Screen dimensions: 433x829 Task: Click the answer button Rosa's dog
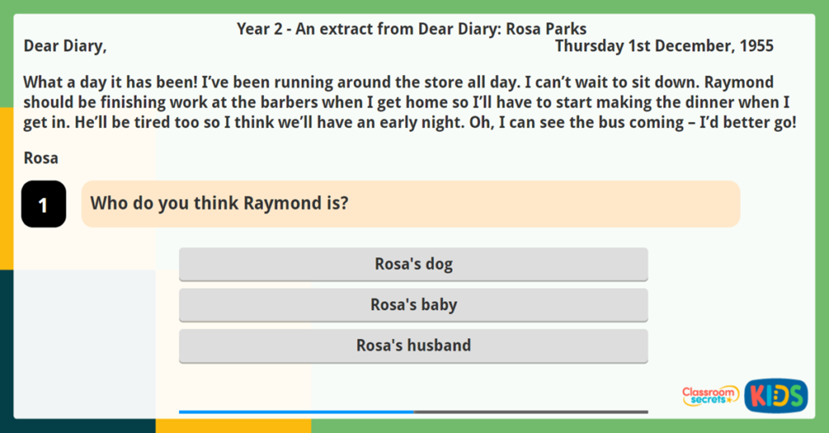tap(413, 264)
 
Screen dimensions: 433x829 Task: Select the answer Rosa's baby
tap(413, 304)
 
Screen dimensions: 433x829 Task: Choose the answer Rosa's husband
tap(413, 345)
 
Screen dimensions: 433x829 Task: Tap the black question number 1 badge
tap(43, 204)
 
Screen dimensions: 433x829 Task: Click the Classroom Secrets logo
tap(710, 395)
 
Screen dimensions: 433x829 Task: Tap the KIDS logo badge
tap(776, 396)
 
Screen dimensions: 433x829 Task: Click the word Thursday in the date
tap(589, 46)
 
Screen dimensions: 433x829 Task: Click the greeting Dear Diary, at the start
tap(65, 46)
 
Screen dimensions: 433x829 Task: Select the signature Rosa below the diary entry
tap(40, 158)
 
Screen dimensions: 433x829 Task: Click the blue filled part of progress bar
tap(295, 412)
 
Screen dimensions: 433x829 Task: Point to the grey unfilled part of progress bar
tap(530, 412)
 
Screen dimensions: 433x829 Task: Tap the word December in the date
tap(695, 46)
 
